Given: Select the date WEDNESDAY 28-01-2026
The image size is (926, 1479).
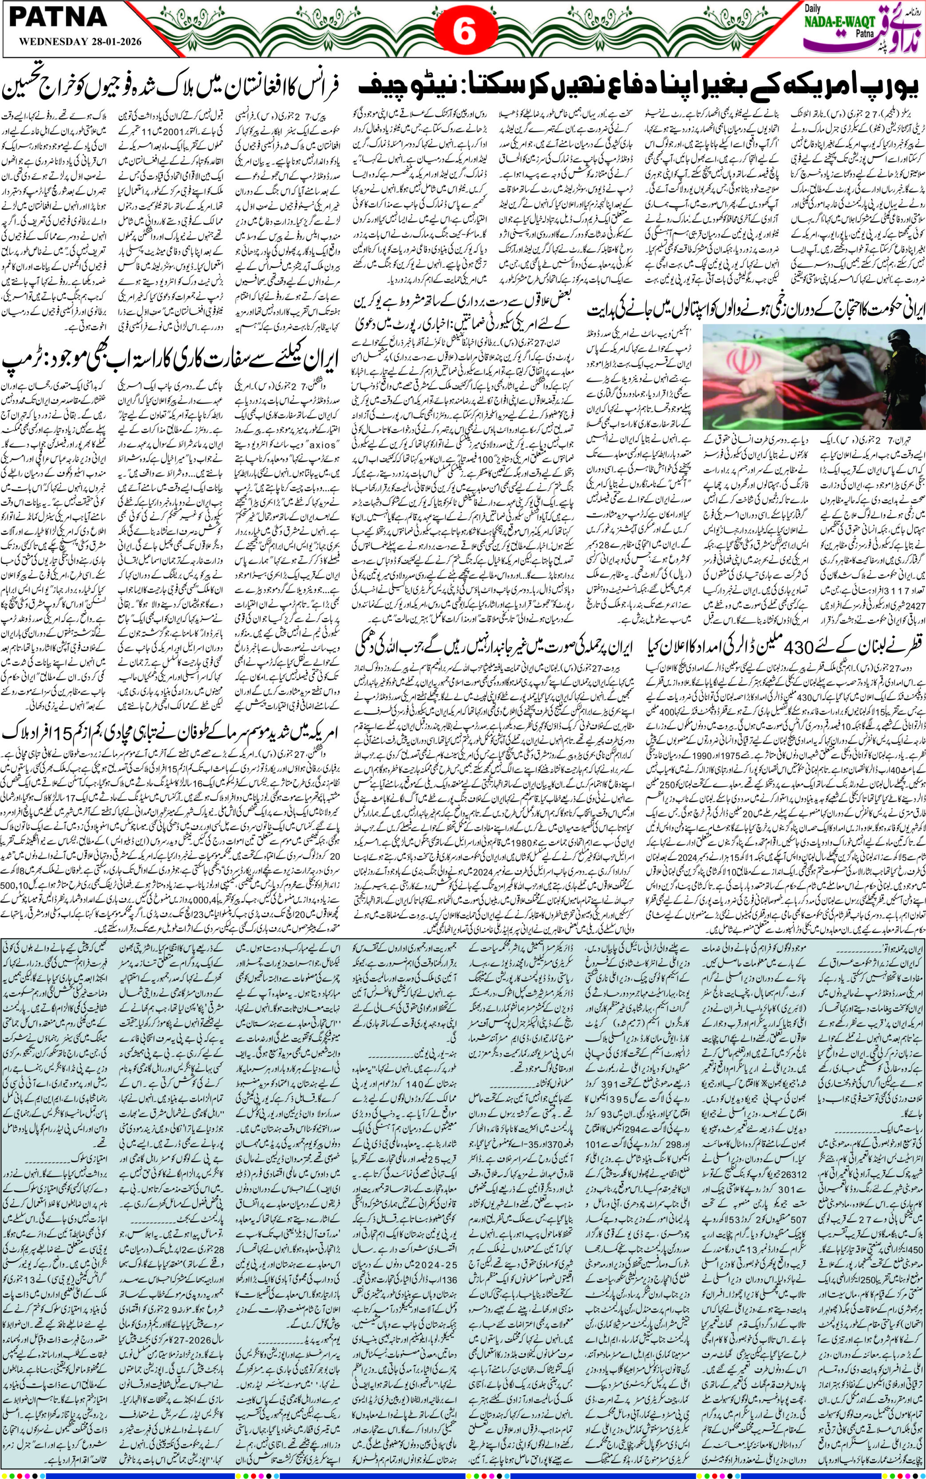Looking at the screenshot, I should point(68,42).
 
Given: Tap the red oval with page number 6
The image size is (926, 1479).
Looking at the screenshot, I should point(463,32).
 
